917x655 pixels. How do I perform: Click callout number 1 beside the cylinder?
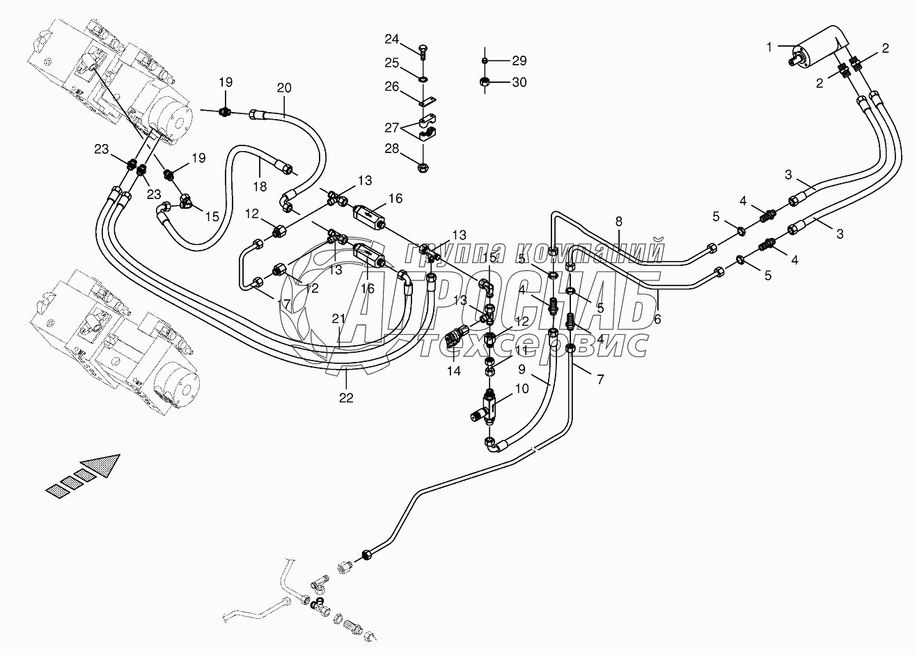[x=769, y=47]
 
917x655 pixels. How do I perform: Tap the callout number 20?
[x=284, y=88]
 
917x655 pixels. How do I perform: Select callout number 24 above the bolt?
[x=392, y=38]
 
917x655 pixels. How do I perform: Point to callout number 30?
[x=519, y=82]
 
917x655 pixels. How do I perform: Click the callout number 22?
[x=346, y=397]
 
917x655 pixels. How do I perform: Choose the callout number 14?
[x=454, y=371]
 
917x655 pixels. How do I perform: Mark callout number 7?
[x=599, y=379]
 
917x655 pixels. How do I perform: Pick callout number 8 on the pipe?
[x=618, y=221]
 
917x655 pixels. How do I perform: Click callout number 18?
[x=260, y=187]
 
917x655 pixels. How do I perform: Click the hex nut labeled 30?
[x=485, y=83]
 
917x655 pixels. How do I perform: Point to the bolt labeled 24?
[x=423, y=50]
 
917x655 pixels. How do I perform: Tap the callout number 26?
[x=392, y=86]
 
